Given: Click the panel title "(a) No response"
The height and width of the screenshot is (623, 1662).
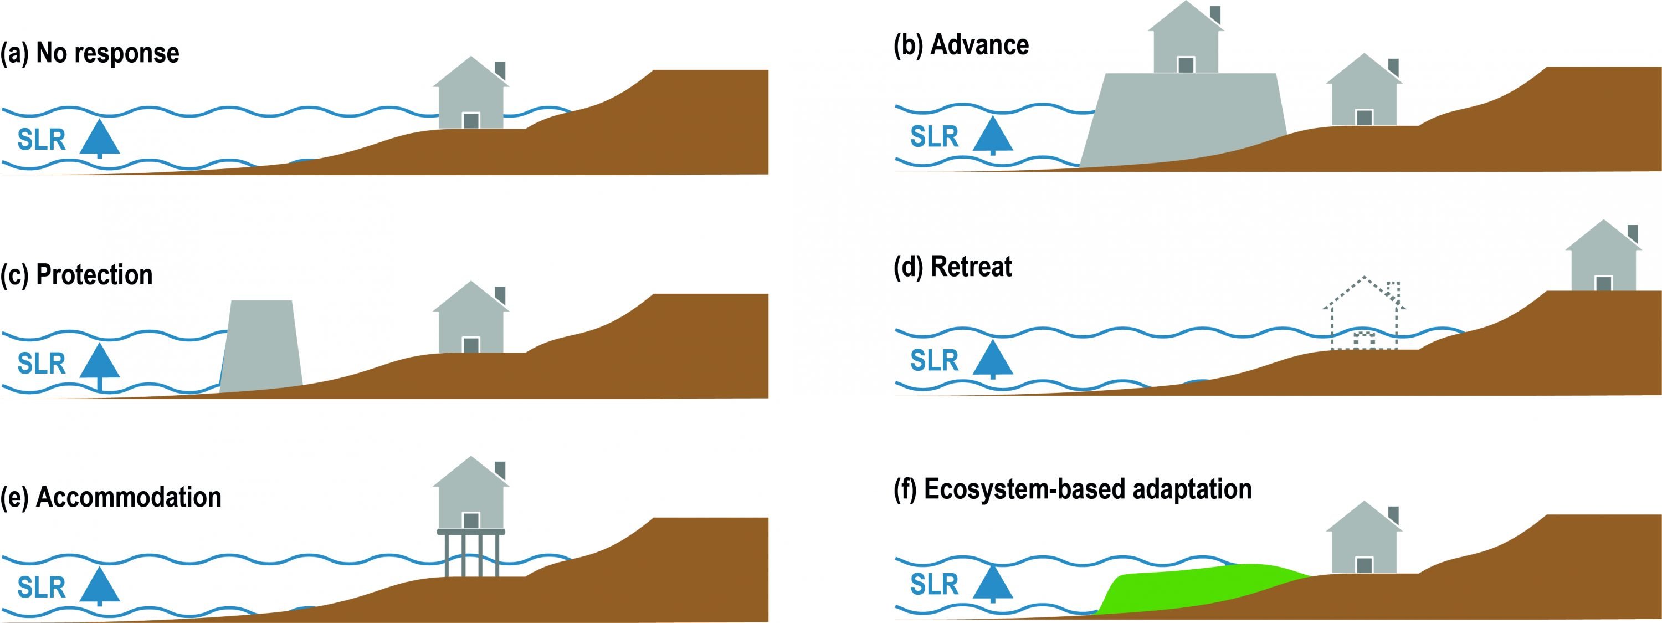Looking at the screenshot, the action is pyautogui.click(x=90, y=53).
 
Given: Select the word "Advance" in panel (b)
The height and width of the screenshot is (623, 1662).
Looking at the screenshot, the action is pyautogui.click(x=979, y=45).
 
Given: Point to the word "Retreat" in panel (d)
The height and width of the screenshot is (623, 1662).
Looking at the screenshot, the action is pyautogui.click(x=971, y=267).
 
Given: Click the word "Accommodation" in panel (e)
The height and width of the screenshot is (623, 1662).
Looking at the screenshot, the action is pyautogui.click(x=129, y=497).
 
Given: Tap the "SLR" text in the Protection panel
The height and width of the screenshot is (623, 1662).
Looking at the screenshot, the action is pyautogui.click(x=42, y=364).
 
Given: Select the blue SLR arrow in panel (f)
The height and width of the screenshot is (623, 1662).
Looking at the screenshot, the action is pyautogui.click(x=992, y=583).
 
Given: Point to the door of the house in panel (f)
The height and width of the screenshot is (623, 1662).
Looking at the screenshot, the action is pyautogui.click(x=1364, y=565).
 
